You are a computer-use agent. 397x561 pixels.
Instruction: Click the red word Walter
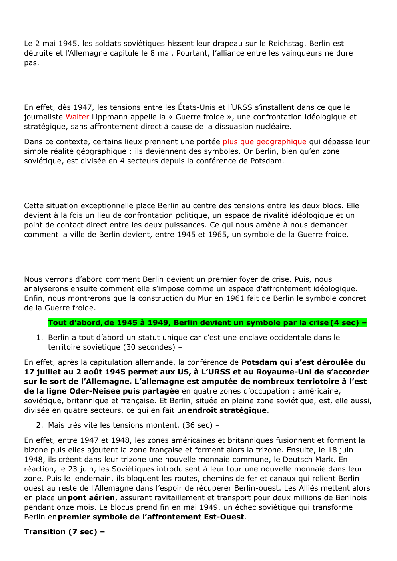tap(77, 117)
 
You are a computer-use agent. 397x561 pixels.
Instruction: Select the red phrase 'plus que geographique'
tap(264, 142)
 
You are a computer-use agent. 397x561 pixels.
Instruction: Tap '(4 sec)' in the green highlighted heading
tap(345, 323)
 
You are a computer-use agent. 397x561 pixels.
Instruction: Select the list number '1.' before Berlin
tap(39, 338)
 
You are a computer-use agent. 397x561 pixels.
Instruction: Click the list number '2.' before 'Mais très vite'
tap(39, 425)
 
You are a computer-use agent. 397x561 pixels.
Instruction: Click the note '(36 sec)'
tap(197, 425)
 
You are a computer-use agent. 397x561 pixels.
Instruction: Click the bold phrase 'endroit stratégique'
tap(227, 410)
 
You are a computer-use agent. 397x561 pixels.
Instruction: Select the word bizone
tap(35, 450)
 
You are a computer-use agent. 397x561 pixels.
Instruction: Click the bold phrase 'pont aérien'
tap(91, 498)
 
